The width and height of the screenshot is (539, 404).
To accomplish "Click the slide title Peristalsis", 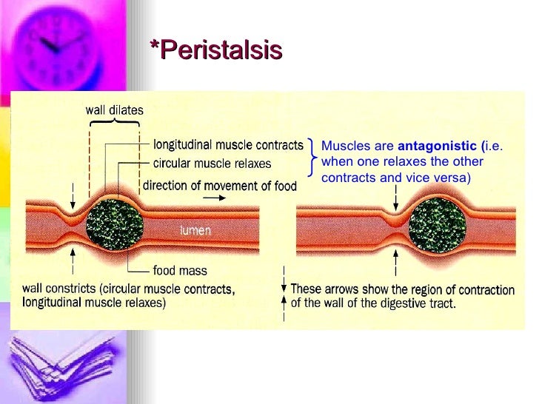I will coord(216,50).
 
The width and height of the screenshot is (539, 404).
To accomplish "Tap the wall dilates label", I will coord(115,110).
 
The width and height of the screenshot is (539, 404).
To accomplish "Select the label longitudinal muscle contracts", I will coord(228,144).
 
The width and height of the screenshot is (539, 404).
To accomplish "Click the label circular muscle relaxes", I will coord(212,163).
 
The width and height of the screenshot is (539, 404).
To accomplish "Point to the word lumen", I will coord(195,230).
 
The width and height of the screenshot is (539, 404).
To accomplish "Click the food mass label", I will coord(180,271).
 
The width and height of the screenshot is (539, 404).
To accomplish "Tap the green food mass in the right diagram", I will coord(436,223).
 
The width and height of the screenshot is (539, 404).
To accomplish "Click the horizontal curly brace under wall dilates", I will coord(114,122).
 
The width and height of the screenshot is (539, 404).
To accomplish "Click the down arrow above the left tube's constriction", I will coord(73,195).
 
